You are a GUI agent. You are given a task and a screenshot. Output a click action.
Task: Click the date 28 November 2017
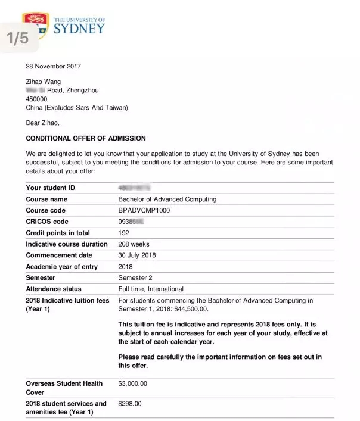(54, 66)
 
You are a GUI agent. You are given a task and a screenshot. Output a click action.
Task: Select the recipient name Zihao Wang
(44, 82)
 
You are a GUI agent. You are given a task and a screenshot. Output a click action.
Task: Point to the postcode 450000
(37, 99)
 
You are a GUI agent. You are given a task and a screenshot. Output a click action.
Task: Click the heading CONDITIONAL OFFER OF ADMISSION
(86, 138)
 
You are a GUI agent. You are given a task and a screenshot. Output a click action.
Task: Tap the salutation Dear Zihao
(43, 123)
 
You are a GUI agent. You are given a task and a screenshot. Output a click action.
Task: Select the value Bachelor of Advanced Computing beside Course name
(167, 199)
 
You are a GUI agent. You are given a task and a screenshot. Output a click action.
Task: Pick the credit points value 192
(124, 233)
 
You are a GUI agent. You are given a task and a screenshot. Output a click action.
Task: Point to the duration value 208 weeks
(134, 244)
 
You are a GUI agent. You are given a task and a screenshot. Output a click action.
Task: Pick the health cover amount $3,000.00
(133, 384)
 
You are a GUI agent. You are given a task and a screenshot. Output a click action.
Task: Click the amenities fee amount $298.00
(130, 404)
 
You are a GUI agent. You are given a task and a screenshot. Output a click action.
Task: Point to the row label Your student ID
(51, 188)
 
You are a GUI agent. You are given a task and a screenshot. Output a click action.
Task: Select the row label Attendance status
(54, 289)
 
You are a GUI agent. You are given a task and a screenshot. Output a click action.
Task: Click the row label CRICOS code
(47, 222)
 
